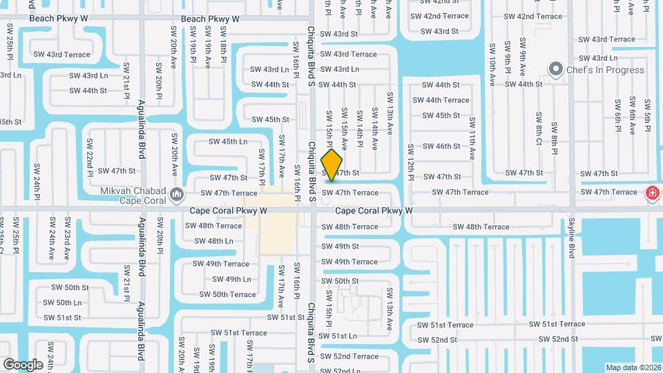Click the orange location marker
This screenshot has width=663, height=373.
[332, 165]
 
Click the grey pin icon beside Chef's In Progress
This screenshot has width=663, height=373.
[555, 69]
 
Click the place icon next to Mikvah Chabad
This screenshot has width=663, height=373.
[177, 193]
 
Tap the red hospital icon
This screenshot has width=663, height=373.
[651, 193]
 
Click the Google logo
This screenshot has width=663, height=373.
[23, 364]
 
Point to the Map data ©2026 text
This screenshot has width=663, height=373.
[633, 367]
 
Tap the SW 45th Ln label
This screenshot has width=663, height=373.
[229, 142]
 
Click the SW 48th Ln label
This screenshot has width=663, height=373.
[213, 241]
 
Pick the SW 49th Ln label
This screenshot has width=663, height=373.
[231, 279]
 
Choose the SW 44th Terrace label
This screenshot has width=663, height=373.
[441, 100]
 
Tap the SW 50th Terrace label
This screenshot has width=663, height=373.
[228, 294]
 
